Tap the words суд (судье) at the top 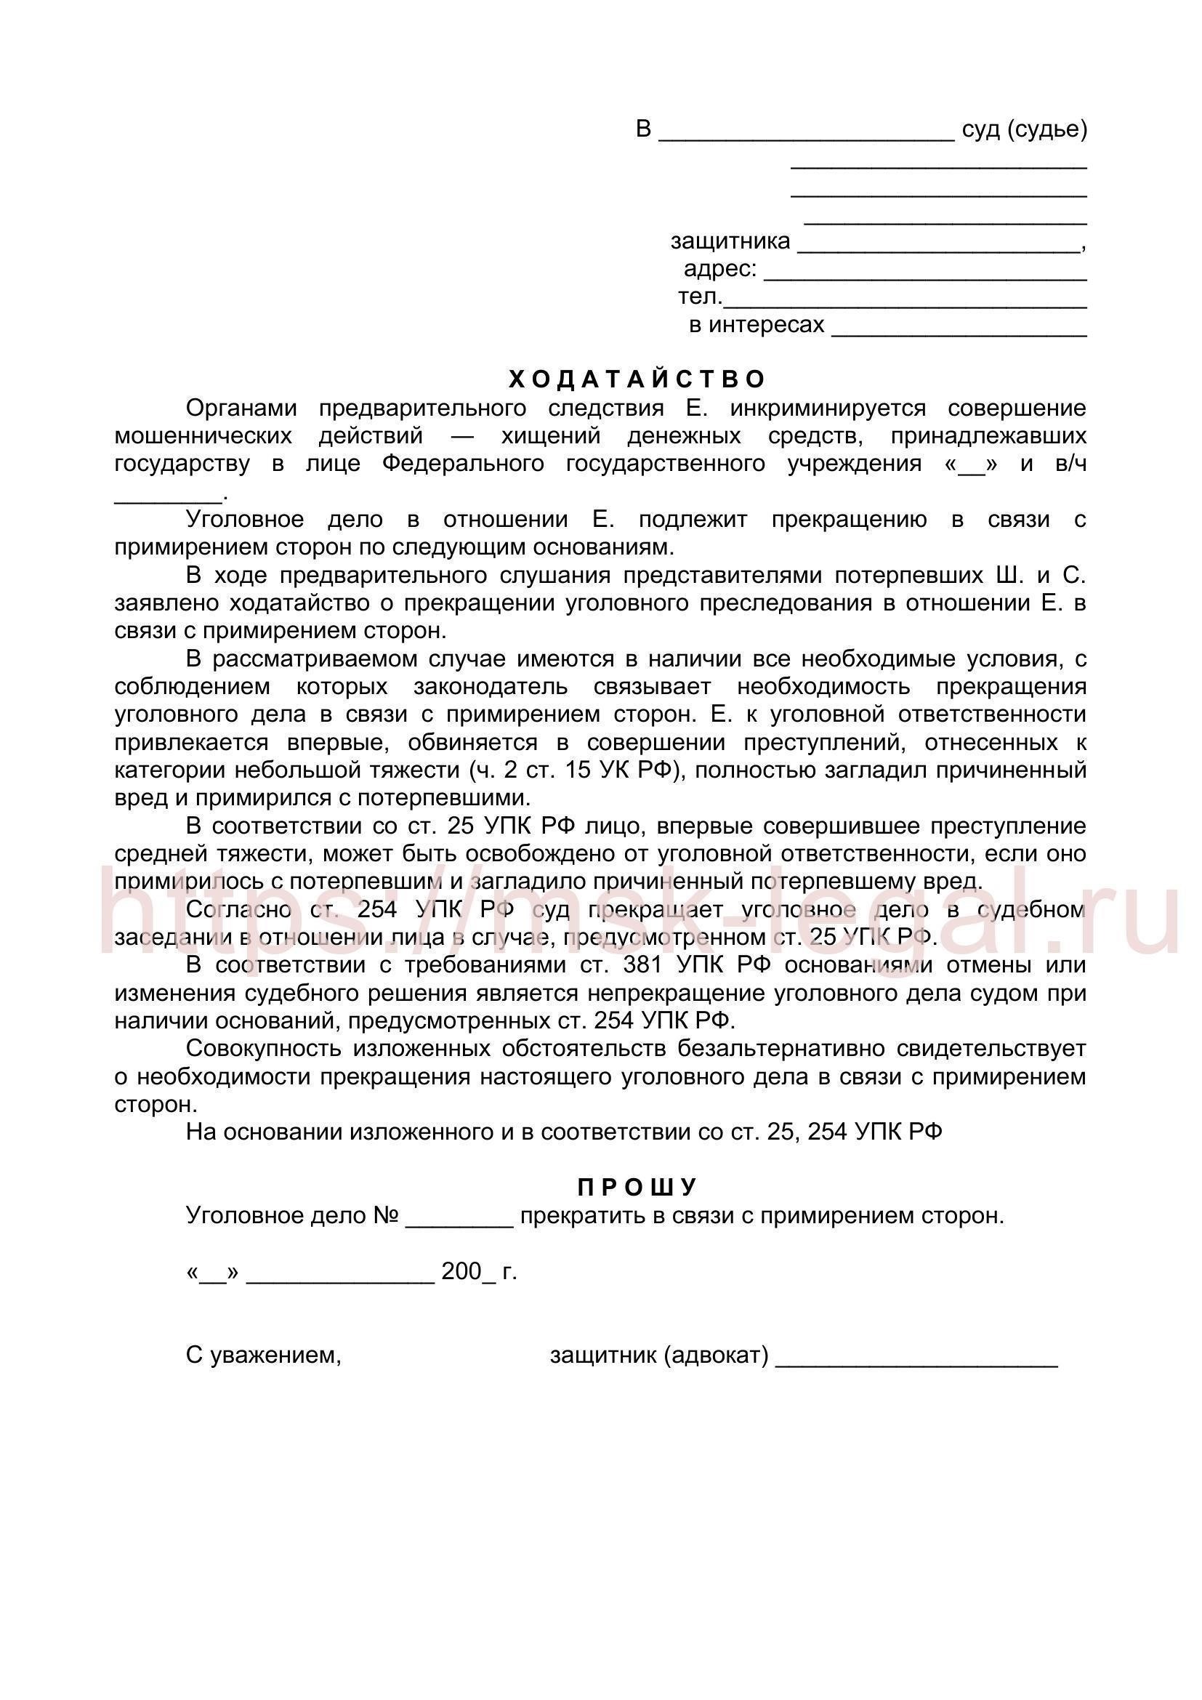pyautogui.click(x=1025, y=129)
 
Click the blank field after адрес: pyautogui.click(x=925, y=273)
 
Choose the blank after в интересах pyautogui.click(x=959, y=328)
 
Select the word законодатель pyautogui.click(x=491, y=686)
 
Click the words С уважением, pyautogui.click(x=264, y=1355)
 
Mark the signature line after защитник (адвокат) pyautogui.click(x=916, y=1358)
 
